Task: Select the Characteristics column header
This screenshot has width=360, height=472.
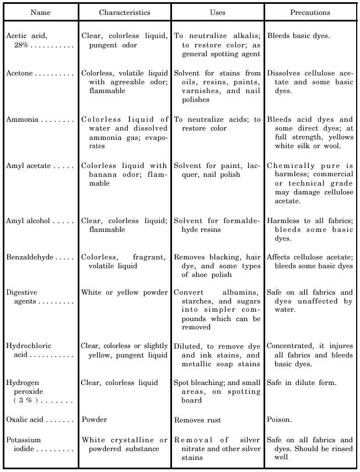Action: [124, 12]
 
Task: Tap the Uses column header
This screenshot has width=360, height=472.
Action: [217, 12]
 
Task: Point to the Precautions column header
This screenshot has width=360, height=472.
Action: [310, 12]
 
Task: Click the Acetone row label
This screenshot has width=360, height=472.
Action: [20, 73]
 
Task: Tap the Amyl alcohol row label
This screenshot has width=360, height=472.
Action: [28, 221]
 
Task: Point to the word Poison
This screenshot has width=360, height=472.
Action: [280, 420]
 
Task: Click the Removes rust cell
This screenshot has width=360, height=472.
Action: [197, 420]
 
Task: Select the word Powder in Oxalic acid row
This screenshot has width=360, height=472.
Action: [94, 420]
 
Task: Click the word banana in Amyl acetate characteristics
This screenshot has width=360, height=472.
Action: [105, 175]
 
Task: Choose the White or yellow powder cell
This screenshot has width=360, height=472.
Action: [125, 292]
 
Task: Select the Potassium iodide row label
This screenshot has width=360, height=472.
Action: [23, 444]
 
